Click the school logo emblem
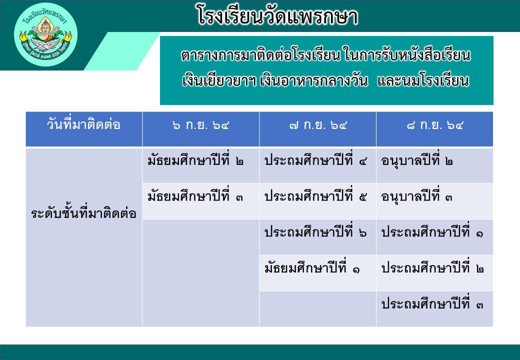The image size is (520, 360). tap(46, 35)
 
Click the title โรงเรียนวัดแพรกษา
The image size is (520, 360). tap(277, 15)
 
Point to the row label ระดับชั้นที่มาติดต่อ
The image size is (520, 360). tap(83, 213)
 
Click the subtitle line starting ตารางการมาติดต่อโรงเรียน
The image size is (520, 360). tap(326, 55)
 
